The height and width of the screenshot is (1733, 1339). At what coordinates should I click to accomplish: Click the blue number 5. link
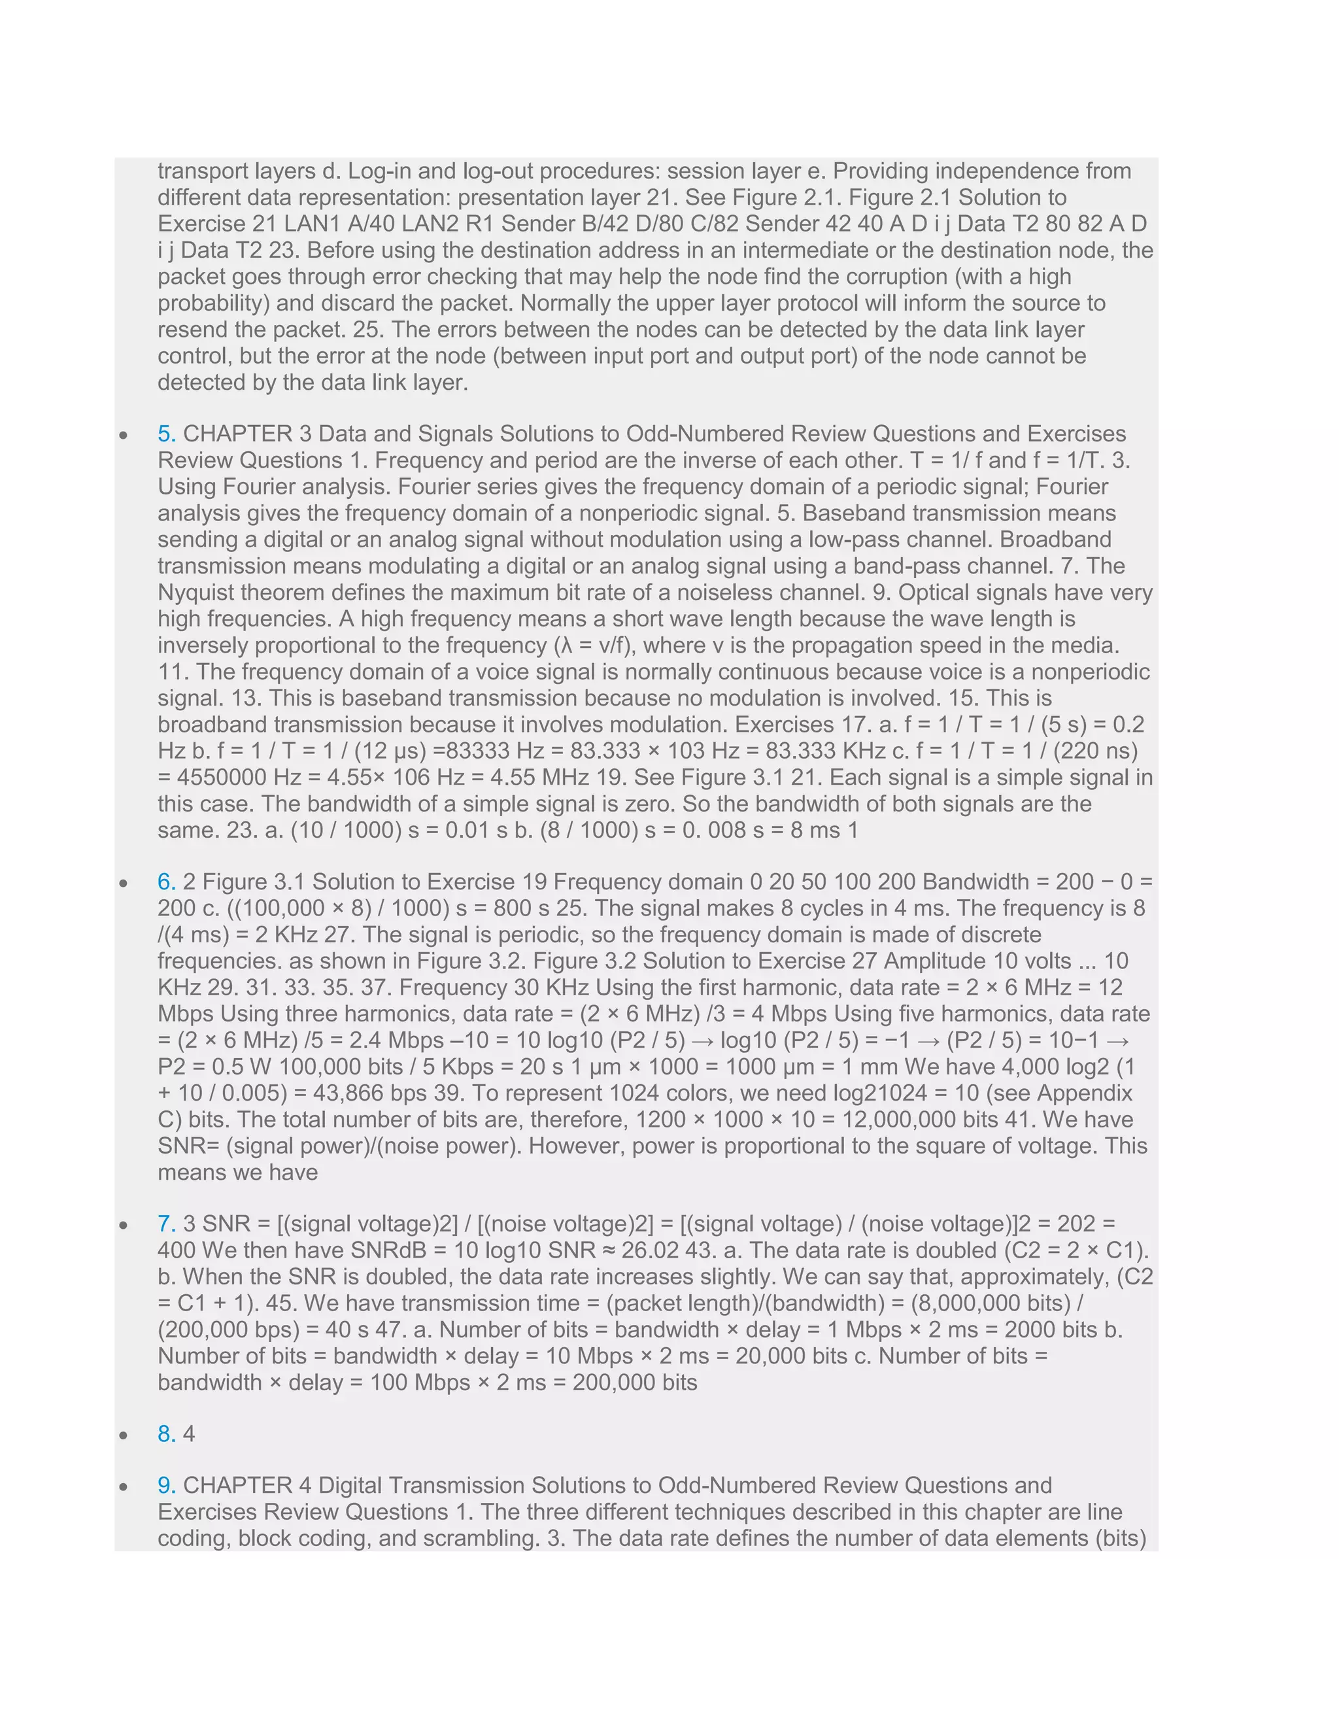pos(167,434)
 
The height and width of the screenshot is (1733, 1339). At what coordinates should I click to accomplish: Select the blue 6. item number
pos(167,882)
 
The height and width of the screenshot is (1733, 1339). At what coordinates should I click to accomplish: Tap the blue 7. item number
pos(167,1224)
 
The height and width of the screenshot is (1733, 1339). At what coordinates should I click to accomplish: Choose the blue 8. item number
pos(167,1434)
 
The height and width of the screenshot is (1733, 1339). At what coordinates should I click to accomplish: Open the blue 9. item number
pos(167,1485)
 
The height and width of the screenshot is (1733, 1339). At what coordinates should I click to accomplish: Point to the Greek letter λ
pos(566,645)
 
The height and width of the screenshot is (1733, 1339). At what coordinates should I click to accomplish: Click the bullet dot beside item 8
pos(124,1435)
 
